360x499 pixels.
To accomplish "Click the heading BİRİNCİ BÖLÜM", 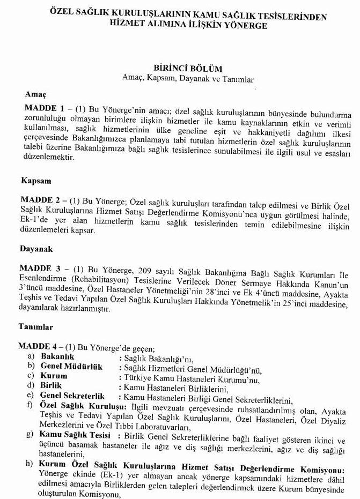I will tap(187, 69).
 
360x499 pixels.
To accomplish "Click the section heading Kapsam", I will tap(38, 181).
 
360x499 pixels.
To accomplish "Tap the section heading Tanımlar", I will tap(36, 326).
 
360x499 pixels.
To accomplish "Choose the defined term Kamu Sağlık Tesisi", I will tap(75, 435).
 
